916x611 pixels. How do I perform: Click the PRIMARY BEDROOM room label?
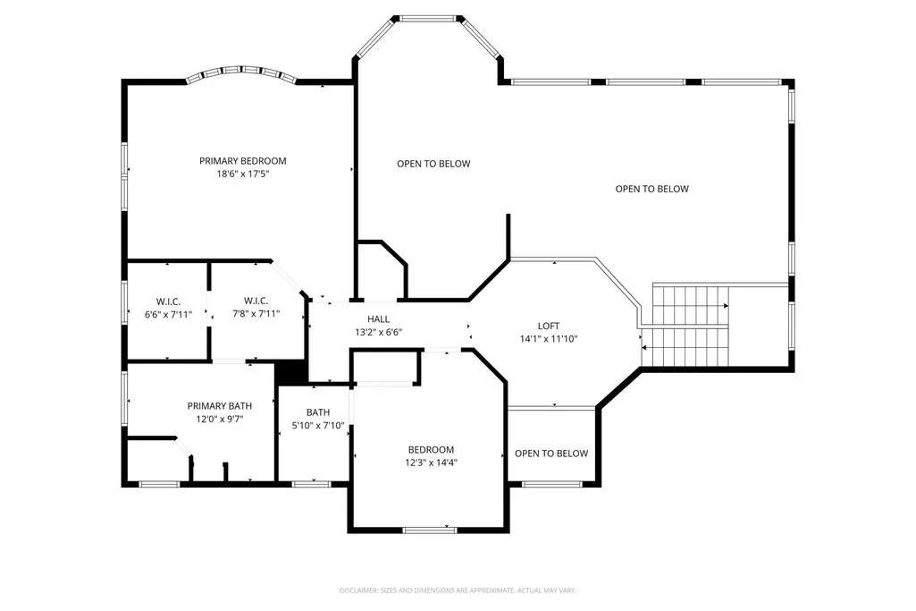(242, 161)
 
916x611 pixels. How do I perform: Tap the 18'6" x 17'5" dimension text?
(242, 174)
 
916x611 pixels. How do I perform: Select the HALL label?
(379, 319)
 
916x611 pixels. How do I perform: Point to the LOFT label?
(549, 326)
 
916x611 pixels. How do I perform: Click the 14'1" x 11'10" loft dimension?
(549, 338)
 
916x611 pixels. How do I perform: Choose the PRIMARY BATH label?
(219, 406)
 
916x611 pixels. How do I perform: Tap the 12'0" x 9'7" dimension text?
(219, 419)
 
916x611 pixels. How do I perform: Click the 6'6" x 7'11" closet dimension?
(168, 314)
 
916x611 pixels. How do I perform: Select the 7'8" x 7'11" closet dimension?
(256, 313)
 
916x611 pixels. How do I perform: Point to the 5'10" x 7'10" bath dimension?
(318, 426)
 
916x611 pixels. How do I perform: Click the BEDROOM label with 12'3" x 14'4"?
(431, 450)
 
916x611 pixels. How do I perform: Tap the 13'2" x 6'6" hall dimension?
(379, 332)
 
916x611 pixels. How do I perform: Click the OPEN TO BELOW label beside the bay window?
(433, 164)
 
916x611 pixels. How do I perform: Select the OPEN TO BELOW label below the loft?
(551, 454)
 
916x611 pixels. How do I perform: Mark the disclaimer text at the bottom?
(458, 590)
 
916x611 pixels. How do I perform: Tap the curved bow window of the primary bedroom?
(241, 72)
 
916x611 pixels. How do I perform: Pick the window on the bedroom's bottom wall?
(429, 530)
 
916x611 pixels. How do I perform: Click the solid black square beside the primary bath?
(291, 372)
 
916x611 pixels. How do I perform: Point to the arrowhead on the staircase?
(727, 306)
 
